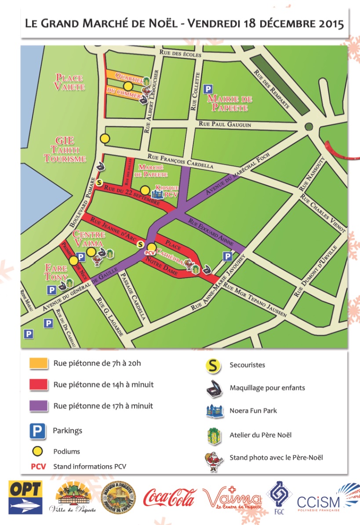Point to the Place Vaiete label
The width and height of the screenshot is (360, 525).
pyautogui.click(x=70, y=82)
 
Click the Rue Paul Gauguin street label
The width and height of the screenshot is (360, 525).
pyautogui.click(x=225, y=125)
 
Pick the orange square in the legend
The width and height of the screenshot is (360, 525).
pyautogui.click(x=38, y=363)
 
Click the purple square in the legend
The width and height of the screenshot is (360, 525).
pyautogui.click(x=38, y=406)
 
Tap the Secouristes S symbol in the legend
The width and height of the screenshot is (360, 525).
pyautogui.click(x=214, y=365)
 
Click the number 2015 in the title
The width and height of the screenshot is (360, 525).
pyautogui.click(x=326, y=24)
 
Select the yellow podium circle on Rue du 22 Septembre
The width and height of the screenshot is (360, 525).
pyautogui.click(x=145, y=190)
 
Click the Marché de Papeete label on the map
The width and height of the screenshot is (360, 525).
pyautogui.click(x=151, y=171)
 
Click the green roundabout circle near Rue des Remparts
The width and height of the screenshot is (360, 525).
pyautogui.click(x=309, y=127)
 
